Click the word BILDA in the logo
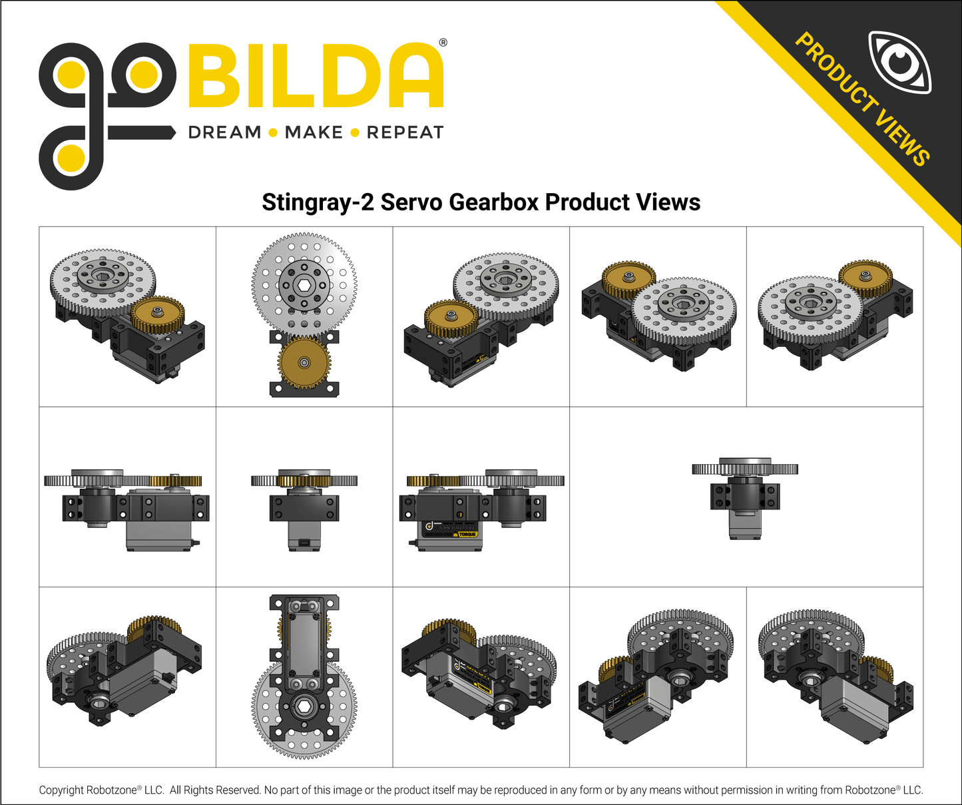click(x=316, y=76)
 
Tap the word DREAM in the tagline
click(x=224, y=133)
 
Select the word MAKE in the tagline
click(x=313, y=133)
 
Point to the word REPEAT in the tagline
click(x=405, y=133)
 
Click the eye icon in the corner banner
click(x=900, y=61)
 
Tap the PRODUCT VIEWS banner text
click(x=863, y=99)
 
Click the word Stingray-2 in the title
click(x=318, y=202)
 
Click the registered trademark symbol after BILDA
click(x=443, y=43)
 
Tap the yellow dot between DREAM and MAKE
click(x=273, y=133)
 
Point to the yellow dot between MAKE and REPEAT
click(x=355, y=133)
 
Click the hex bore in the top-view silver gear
click(x=304, y=285)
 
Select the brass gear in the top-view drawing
click(x=304, y=363)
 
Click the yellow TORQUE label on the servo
click(x=467, y=534)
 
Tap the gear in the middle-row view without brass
click(x=745, y=469)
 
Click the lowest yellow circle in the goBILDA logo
click(x=71, y=158)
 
